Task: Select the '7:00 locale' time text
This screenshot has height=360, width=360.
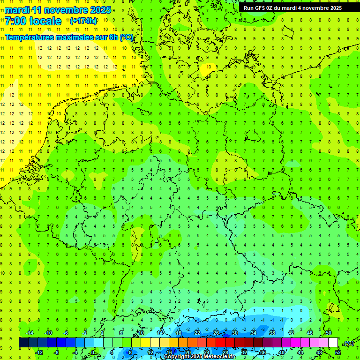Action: [x=33, y=21]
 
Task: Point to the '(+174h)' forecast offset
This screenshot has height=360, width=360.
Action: [x=83, y=21]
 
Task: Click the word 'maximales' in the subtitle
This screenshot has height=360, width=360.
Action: [x=69, y=37]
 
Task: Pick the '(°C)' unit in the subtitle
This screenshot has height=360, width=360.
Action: [x=127, y=37]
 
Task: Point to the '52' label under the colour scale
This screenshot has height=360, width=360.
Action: [x=337, y=352]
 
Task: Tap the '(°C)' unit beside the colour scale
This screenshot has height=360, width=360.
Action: [x=349, y=343]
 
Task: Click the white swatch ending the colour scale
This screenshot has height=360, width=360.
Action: [x=333, y=343]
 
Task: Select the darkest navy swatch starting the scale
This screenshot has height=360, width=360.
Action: [x=23, y=343]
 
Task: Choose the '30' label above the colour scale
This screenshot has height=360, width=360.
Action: [x=234, y=333]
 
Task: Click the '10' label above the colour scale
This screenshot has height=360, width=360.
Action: [x=141, y=333]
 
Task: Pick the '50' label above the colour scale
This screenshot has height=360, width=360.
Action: [x=328, y=333]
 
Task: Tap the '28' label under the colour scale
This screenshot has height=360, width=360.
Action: [x=225, y=352]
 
